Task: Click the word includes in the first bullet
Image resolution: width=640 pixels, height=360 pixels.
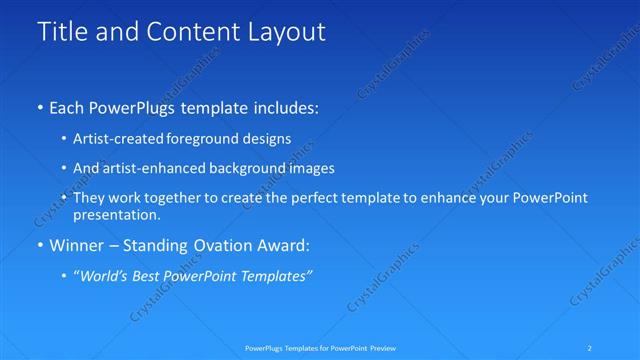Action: pos(285,106)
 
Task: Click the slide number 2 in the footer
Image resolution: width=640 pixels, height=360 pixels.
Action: pos(591,348)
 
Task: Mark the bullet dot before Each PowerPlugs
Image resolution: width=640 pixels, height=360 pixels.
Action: pos(40,106)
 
